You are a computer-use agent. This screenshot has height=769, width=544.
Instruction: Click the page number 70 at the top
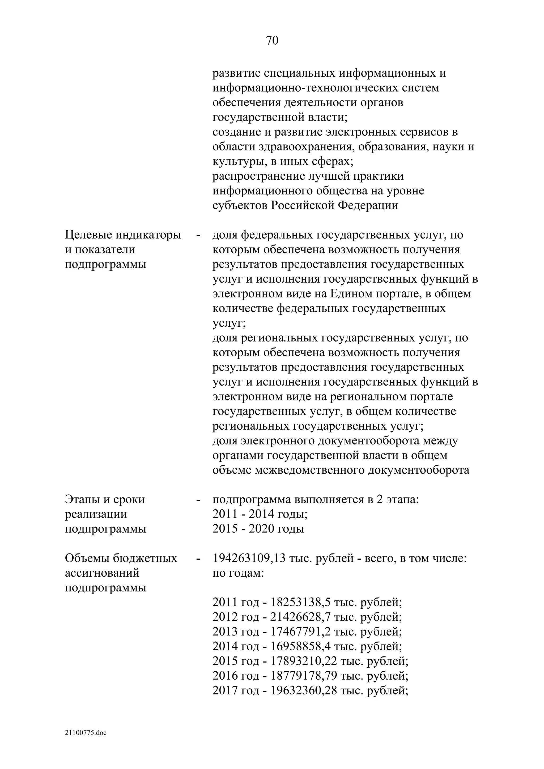(x=272, y=41)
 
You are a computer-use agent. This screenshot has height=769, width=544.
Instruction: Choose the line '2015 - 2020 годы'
(x=258, y=529)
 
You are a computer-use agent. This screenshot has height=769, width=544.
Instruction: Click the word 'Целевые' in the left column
(x=88, y=235)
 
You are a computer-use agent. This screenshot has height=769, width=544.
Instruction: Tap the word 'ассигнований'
(x=102, y=573)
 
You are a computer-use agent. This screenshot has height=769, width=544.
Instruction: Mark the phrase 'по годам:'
(x=238, y=573)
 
